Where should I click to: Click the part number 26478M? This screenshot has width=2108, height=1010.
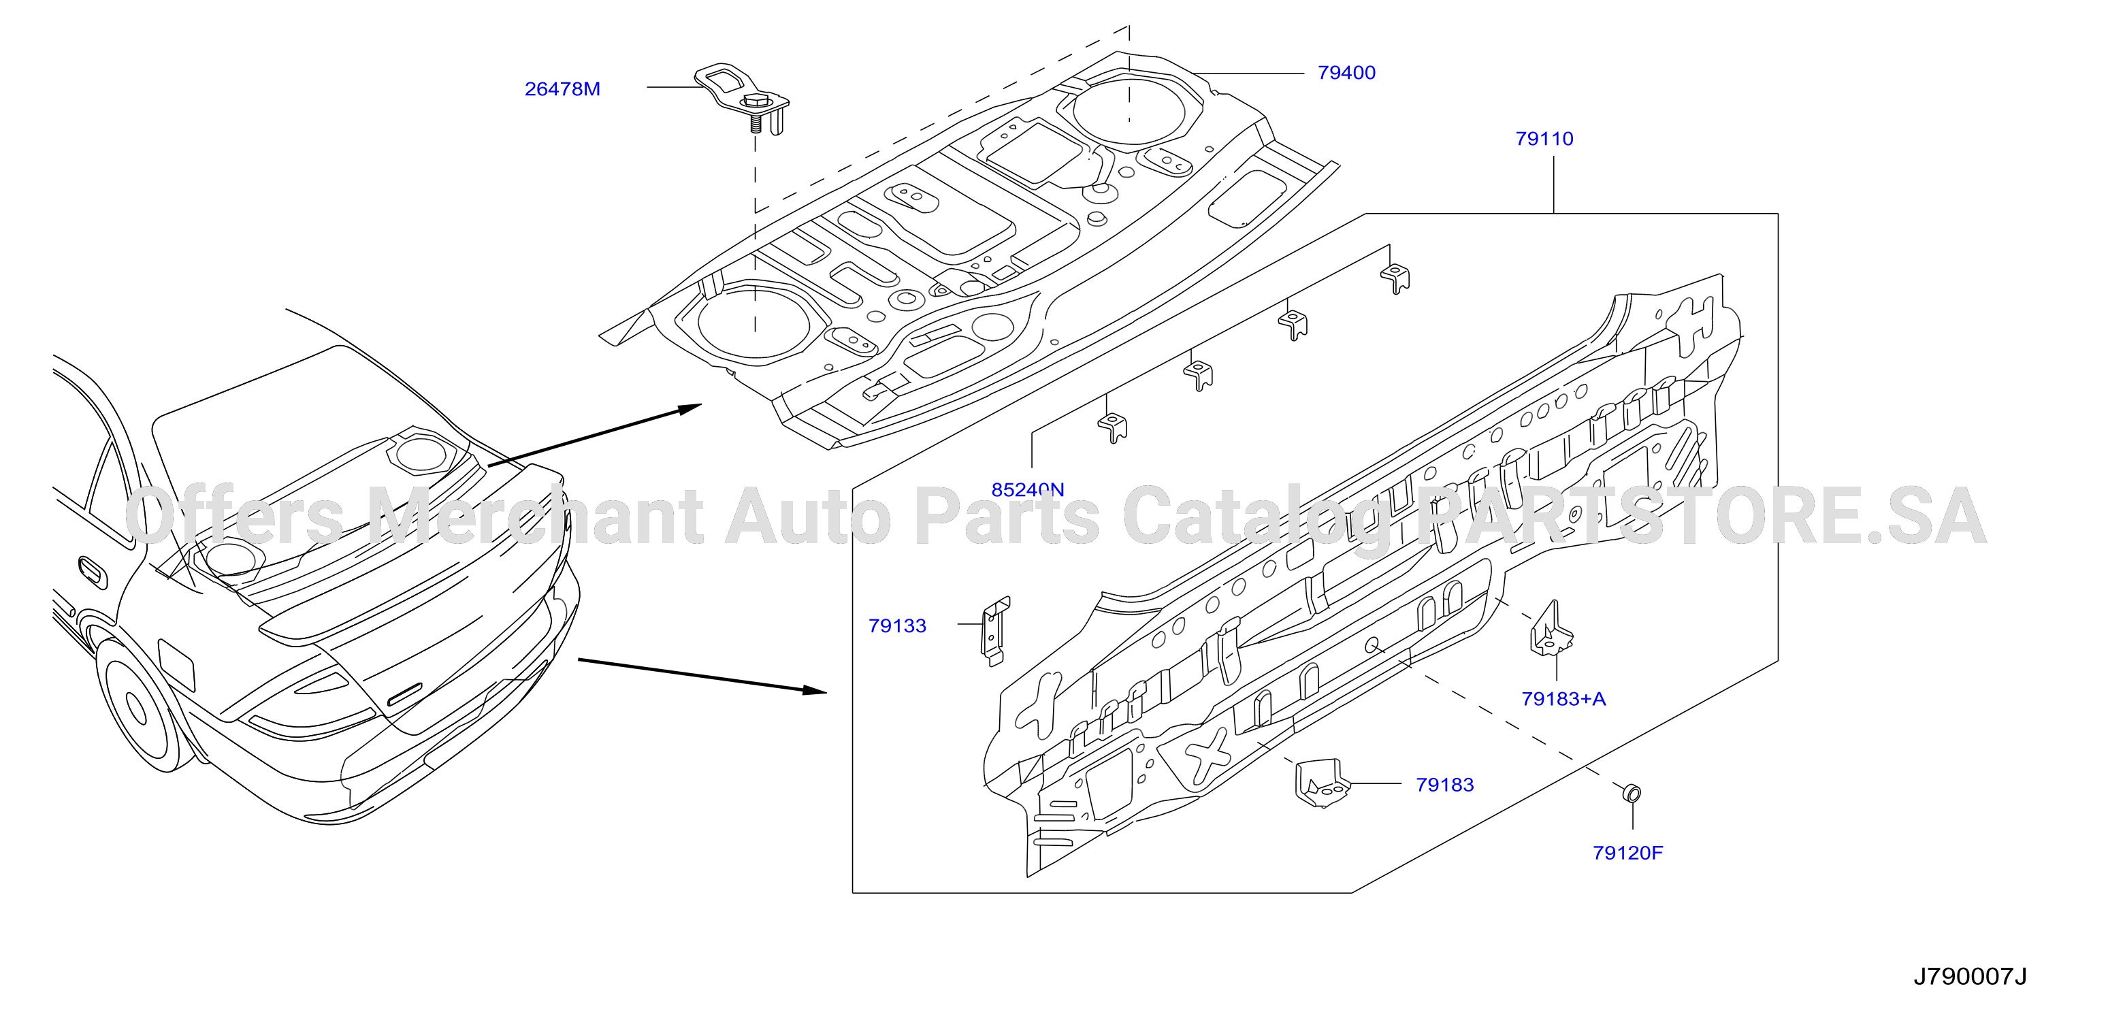(562, 89)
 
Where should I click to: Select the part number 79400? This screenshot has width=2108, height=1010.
(1346, 73)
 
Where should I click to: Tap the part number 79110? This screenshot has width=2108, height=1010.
(1544, 139)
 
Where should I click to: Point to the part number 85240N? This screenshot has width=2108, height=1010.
(1028, 489)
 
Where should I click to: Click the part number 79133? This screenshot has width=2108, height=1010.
(897, 626)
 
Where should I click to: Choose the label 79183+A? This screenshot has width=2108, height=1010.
(1563, 699)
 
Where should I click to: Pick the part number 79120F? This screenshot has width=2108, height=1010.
(1627, 853)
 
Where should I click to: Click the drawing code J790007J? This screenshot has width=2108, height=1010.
(1969, 977)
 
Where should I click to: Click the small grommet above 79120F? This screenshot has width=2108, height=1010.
(1631, 792)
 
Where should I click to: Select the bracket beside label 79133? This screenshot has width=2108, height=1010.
(995, 631)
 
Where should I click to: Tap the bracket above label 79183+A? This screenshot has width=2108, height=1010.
(1550, 630)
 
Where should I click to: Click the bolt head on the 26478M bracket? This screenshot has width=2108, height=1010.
(753, 101)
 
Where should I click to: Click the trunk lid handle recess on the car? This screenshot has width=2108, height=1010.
(404, 695)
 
